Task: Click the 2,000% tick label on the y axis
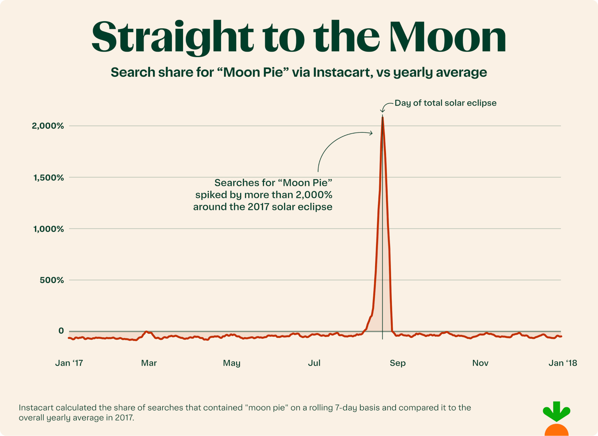click(48, 126)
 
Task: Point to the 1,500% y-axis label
click(49, 178)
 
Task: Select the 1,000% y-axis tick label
click(49, 229)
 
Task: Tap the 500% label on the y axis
click(52, 280)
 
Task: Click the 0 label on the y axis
click(61, 331)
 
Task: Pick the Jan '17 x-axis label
click(69, 363)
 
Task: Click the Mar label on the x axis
click(149, 363)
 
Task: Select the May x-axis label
click(232, 363)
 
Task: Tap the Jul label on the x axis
click(314, 363)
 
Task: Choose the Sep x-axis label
click(397, 363)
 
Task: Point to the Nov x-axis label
click(480, 363)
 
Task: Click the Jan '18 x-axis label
click(563, 363)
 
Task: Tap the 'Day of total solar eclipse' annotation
click(445, 103)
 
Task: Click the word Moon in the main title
click(447, 38)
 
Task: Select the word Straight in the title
click(172, 38)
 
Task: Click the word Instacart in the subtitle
click(342, 72)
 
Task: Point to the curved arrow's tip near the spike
click(372, 133)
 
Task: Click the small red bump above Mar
click(146, 332)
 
